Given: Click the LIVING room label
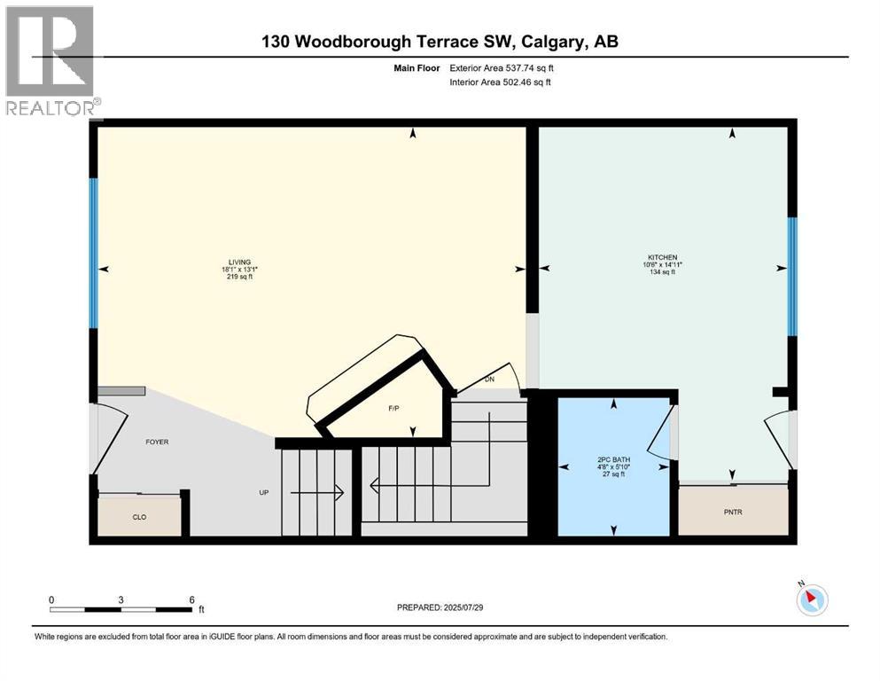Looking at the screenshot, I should (x=238, y=262).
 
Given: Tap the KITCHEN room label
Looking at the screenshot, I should (x=661, y=257).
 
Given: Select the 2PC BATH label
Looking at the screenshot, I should (x=612, y=459).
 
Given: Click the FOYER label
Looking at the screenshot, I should (x=157, y=442).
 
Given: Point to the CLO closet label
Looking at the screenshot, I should (x=139, y=516).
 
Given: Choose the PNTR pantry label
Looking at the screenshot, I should (x=733, y=512).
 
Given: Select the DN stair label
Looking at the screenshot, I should (x=489, y=380).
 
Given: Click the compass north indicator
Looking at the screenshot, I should (x=812, y=600).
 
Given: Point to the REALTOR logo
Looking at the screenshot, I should (x=51, y=62).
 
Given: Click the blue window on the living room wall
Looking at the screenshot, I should (x=93, y=254).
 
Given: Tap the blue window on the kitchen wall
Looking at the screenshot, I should (x=793, y=276).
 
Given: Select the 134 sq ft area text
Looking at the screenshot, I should (x=661, y=272).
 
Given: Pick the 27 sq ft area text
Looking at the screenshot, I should (x=612, y=474).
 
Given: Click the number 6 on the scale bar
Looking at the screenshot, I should (x=191, y=599).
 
